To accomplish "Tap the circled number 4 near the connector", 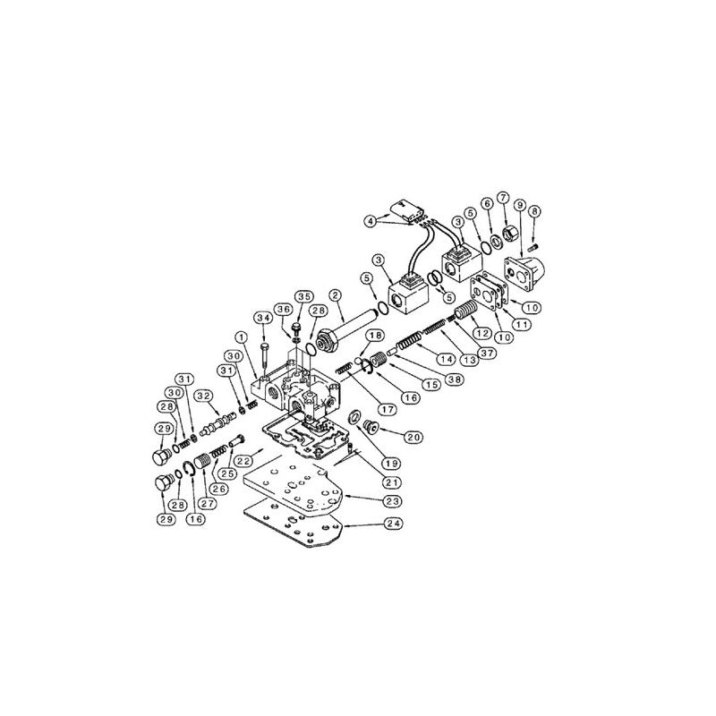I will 369,220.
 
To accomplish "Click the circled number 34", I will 262,318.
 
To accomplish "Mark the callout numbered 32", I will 204,395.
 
